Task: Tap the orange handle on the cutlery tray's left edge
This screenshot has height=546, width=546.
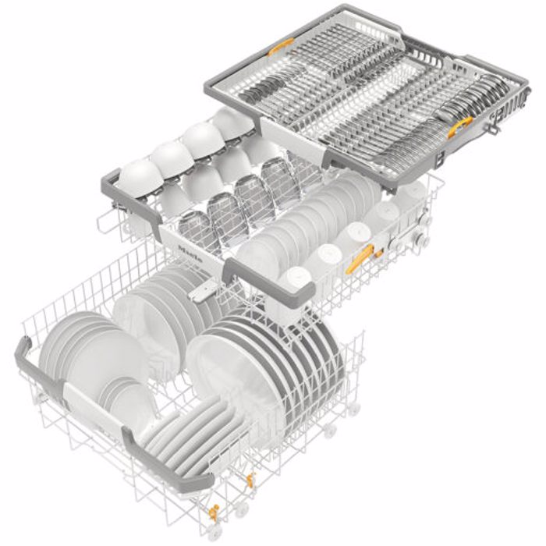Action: click(281, 45)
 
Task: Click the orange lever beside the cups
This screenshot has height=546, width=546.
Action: click(360, 258)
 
